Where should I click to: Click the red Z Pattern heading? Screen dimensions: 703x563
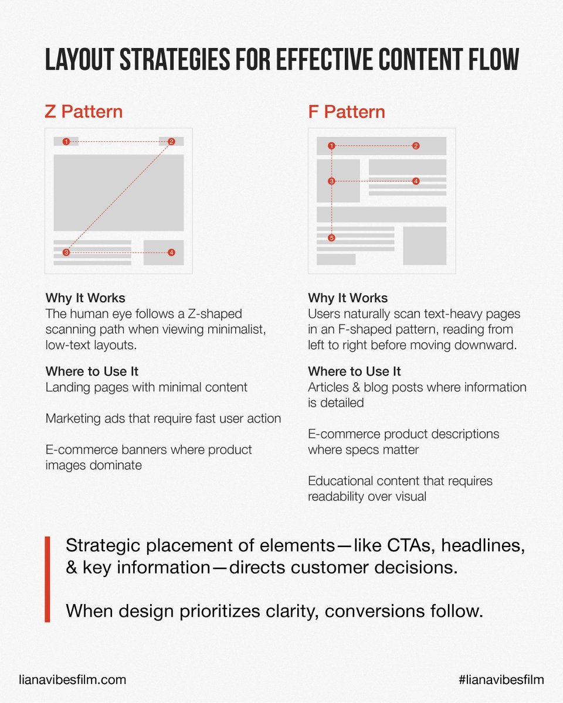coord(84,111)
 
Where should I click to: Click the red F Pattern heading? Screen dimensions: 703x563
coord(347,111)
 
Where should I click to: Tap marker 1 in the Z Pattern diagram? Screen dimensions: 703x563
coord(66,142)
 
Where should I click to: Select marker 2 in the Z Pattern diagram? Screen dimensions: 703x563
coord(171,142)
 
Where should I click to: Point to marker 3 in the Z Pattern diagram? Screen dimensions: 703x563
coord(66,252)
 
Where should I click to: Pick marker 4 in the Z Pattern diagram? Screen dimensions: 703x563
coord(171,252)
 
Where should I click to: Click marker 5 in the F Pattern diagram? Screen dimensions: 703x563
coord(331,238)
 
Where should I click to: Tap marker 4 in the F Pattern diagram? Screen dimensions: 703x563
coord(416,182)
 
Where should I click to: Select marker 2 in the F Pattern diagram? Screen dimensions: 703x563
coord(416,146)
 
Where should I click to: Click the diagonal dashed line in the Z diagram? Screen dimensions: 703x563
coord(118,197)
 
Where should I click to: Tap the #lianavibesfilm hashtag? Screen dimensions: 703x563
coord(501,680)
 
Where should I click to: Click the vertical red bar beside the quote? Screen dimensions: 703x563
coord(48,579)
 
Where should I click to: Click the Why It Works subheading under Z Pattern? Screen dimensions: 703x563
coord(85,298)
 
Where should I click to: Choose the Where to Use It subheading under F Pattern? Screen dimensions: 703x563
coord(354,371)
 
